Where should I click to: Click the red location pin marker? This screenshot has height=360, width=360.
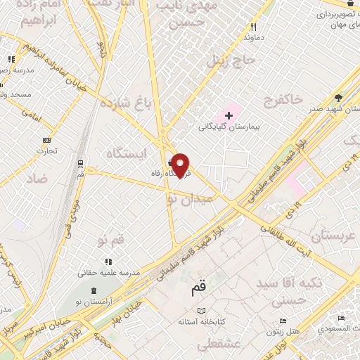[181, 165]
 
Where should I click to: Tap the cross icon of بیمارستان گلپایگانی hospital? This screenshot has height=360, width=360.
[229, 115]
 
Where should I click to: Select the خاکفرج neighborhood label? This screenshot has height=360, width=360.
[283, 100]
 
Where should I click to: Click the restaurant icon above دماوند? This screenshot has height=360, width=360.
[252, 27]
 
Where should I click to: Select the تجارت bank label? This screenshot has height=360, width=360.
[46, 150]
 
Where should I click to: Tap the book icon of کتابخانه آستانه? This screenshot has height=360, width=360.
[202, 311]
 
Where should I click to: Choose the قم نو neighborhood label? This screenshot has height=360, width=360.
[112, 240]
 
